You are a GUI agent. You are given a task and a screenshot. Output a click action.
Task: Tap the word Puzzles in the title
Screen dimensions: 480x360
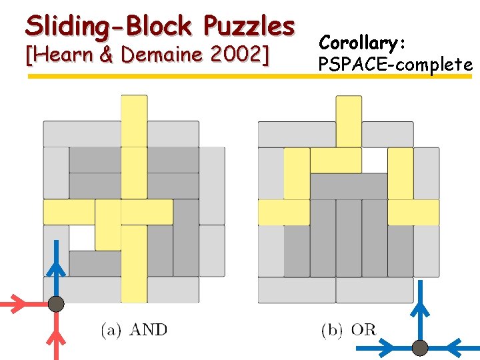pos(249,26)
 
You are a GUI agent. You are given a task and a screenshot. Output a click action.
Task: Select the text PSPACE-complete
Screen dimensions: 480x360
pos(395,65)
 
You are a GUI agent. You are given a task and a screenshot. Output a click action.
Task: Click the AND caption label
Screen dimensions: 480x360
pos(148,329)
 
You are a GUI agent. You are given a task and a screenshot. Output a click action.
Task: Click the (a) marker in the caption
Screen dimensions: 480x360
pos(111,329)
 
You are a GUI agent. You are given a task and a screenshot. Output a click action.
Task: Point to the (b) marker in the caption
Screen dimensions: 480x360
pos(332,329)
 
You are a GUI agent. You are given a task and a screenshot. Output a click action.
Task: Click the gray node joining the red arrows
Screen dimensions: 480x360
pos(57,305)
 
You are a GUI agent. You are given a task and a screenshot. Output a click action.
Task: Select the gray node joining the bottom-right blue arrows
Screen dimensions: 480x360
pos(420,347)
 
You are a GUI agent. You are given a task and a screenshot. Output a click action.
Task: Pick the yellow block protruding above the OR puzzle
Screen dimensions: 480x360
pos(349,120)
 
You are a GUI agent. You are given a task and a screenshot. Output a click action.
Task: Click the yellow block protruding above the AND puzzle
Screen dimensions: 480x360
pos(134,120)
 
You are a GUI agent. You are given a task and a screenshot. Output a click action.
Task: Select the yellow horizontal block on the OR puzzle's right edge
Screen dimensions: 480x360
pos(413,212)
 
